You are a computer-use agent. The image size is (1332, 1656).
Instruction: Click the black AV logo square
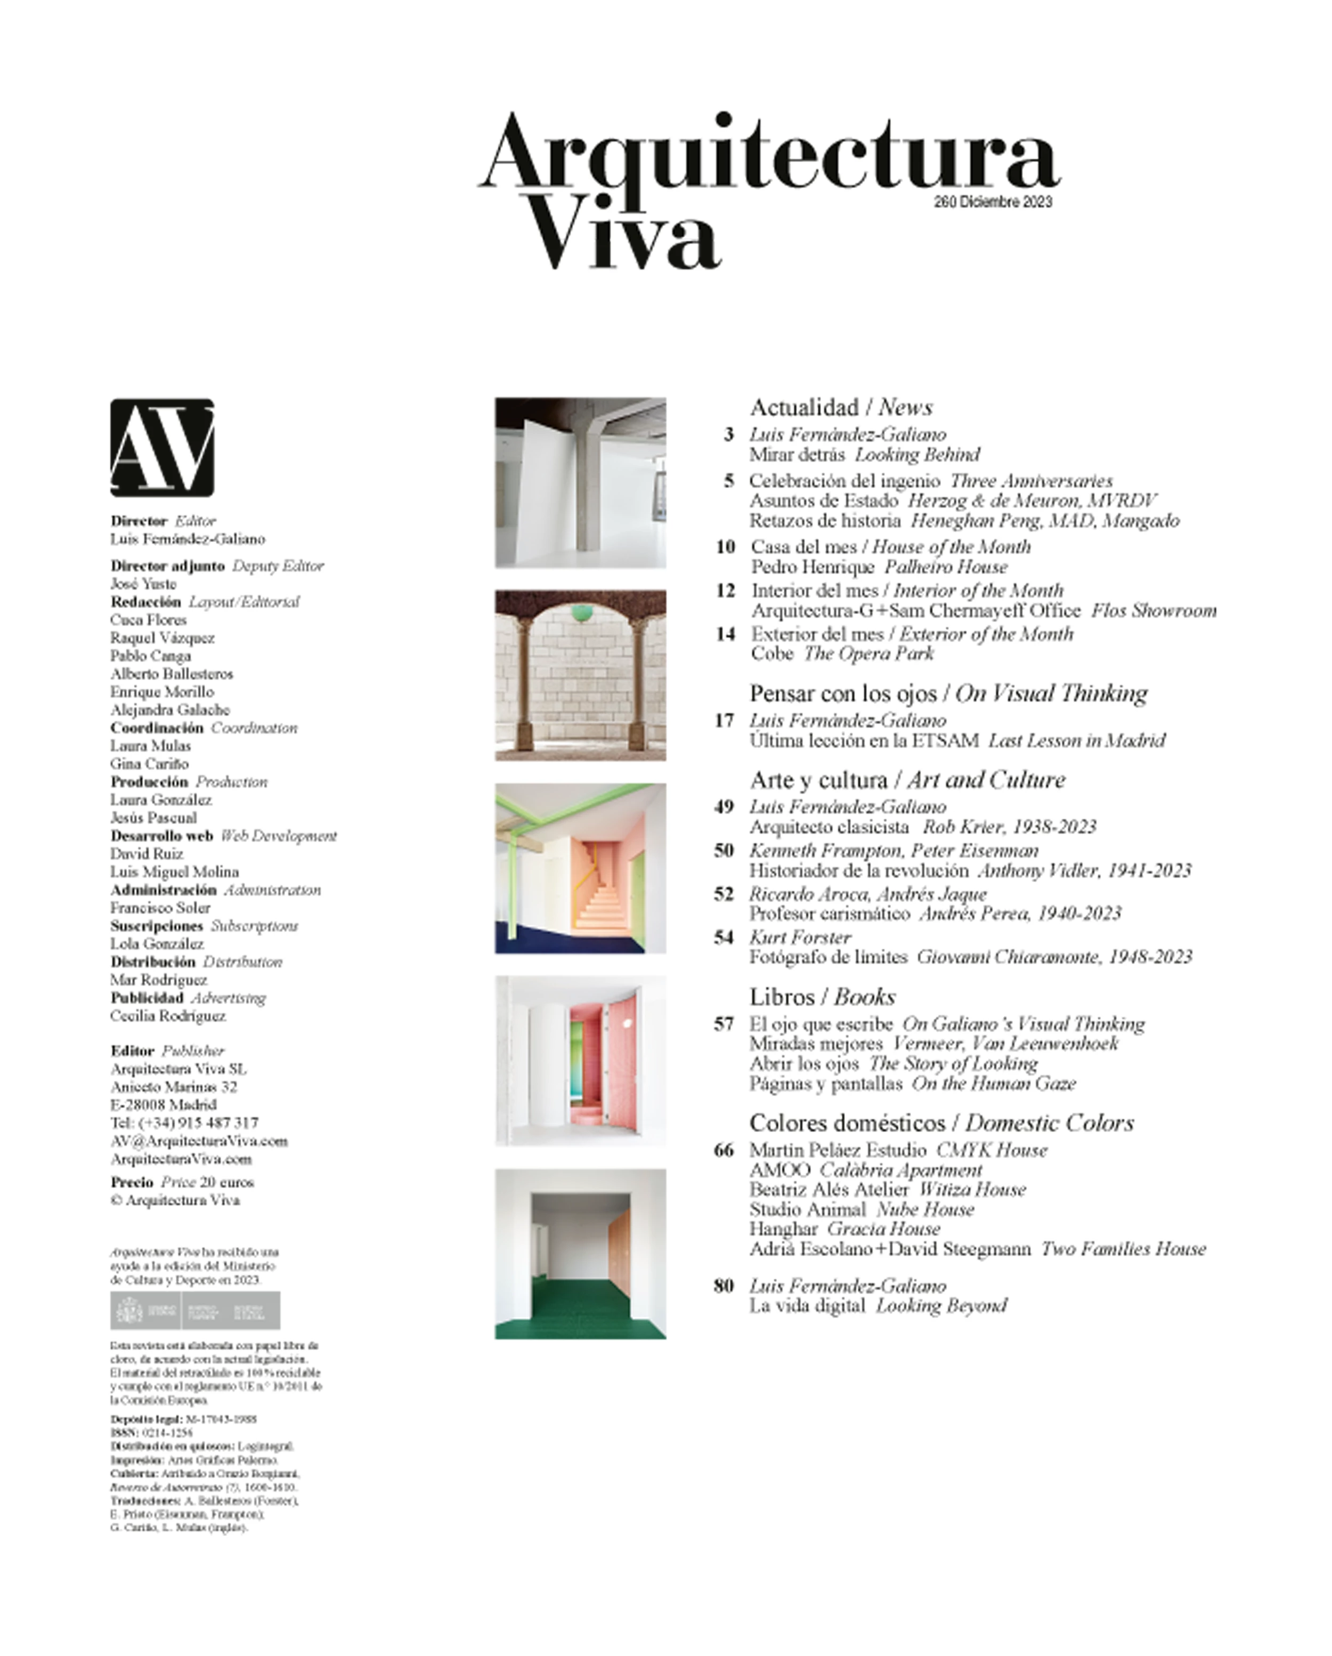(162, 447)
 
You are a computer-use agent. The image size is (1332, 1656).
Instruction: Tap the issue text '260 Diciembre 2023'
(993, 202)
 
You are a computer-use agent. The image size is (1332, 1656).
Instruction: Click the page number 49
(724, 807)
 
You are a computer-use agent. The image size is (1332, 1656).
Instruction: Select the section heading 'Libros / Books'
(822, 997)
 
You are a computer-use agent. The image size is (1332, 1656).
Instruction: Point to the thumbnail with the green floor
(580, 1254)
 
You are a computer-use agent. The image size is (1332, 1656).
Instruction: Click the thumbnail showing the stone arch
(580, 675)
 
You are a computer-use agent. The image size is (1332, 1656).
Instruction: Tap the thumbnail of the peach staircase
(580, 869)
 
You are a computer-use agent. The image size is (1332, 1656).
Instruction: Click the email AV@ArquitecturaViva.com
(199, 1141)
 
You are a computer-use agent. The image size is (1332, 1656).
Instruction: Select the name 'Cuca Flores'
(148, 620)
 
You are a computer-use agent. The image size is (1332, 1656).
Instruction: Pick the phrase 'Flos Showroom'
(1154, 611)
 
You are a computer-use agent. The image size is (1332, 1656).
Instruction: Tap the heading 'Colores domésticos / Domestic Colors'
(941, 1123)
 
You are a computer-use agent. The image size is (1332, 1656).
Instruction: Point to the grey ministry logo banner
(195, 1311)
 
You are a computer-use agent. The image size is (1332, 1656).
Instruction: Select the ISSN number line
(151, 1433)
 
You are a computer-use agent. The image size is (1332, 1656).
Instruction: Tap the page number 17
(724, 721)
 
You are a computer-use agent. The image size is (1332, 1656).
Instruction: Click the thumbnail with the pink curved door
(580, 1062)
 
